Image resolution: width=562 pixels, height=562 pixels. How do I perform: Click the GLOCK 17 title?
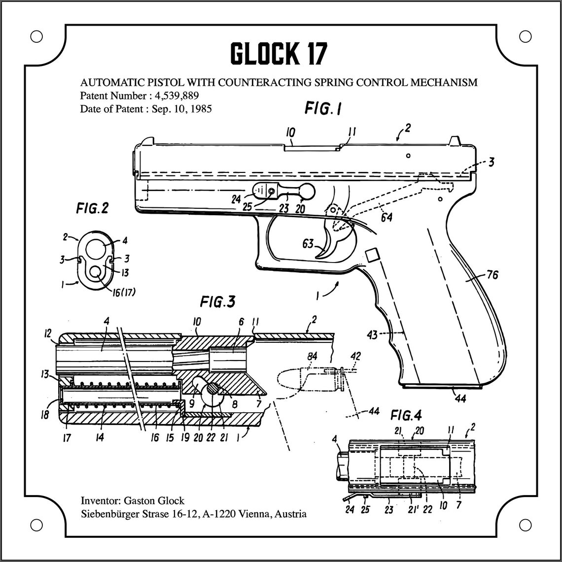coord(279,54)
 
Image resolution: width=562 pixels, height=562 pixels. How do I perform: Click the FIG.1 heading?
coord(323,108)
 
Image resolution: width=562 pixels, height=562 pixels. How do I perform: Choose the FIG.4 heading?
coord(406,415)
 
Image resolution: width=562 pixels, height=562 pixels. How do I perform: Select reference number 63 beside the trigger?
coord(308,243)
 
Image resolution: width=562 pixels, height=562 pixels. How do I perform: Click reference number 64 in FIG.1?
coord(386,216)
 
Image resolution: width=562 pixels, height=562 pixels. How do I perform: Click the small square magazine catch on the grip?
coord(372,255)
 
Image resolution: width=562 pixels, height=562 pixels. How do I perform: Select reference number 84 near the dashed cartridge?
coord(313,356)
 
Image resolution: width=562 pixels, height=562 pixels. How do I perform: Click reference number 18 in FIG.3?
coord(45,415)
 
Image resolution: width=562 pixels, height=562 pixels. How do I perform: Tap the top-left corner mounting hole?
coord(36,36)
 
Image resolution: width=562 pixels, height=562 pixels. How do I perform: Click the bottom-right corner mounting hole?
coord(526,525)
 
